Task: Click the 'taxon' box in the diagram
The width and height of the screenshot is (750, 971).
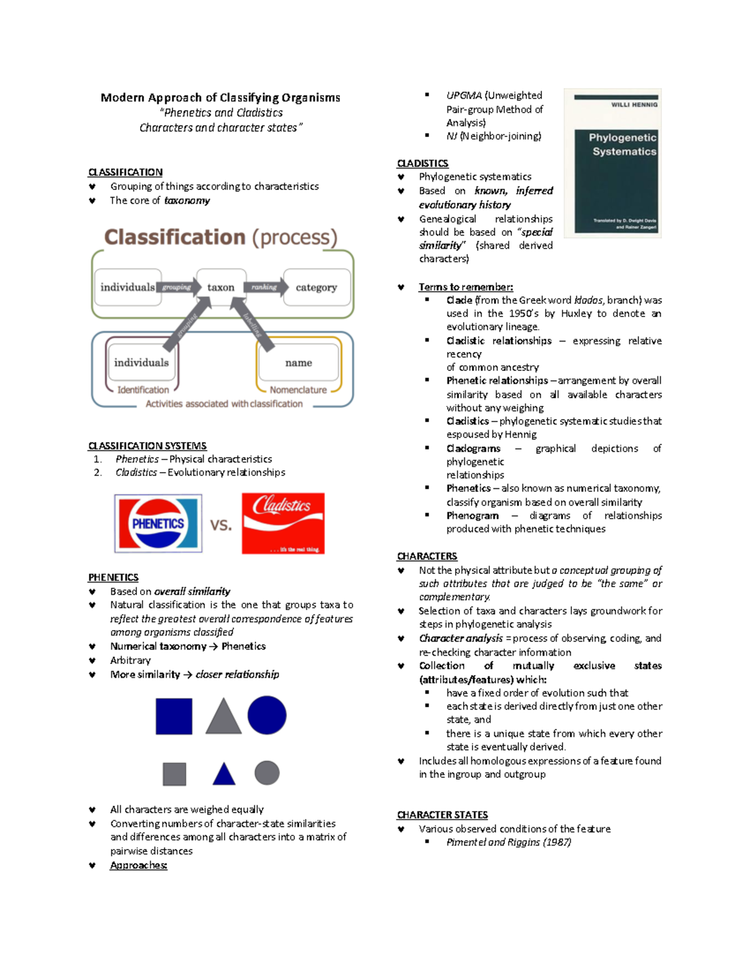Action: [x=221, y=287]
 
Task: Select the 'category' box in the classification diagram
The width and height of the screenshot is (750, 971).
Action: [x=316, y=287]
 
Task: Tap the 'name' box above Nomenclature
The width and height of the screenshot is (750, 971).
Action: [x=299, y=363]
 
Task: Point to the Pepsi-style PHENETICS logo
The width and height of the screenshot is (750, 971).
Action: [x=158, y=523]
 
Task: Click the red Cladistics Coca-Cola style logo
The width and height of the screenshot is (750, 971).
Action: [x=283, y=523]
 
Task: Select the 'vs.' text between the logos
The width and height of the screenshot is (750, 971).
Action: [x=221, y=525]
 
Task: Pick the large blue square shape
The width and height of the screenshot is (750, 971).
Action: [x=174, y=716]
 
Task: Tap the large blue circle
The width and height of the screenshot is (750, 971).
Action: [x=267, y=715]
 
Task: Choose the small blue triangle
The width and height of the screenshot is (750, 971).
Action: [x=224, y=775]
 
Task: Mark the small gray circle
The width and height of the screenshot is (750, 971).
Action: [x=267, y=773]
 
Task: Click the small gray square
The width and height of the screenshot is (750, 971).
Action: [x=174, y=773]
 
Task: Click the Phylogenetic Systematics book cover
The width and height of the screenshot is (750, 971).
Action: [x=612, y=163]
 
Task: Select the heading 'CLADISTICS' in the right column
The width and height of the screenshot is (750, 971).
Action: [x=422, y=163]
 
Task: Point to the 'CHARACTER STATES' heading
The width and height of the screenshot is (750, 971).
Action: [x=442, y=815]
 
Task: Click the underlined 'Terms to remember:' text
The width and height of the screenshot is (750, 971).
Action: [x=466, y=287]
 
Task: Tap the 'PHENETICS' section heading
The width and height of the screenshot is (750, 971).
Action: [x=113, y=577]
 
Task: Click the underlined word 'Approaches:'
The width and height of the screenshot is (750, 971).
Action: [x=138, y=865]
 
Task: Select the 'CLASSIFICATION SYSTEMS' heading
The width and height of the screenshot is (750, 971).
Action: [x=147, y=446]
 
